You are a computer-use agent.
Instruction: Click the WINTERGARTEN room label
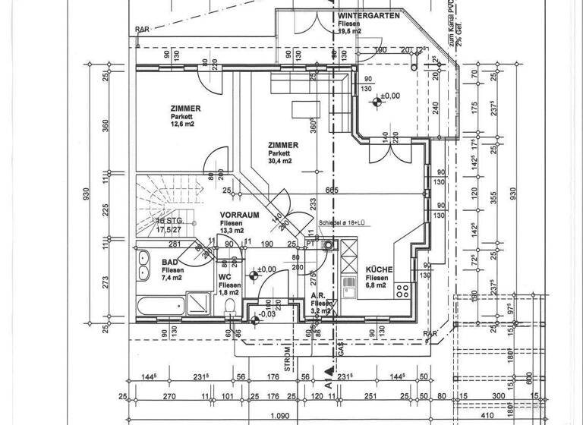(x=369, y=15)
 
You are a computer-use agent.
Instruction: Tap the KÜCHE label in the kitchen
(x=379, y=270)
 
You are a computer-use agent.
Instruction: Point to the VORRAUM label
(x=237, y=215)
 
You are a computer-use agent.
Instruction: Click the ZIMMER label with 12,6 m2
(x=185, y=109)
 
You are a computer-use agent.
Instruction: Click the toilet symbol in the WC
(x=229, y=305)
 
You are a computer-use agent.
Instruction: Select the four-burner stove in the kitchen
(x=402, y=289)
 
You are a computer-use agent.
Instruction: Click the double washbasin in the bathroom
(x=143, y=266)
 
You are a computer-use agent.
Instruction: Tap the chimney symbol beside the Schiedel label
(x=328, y=244)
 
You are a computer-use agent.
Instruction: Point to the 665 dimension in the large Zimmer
(x=331, y=190)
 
